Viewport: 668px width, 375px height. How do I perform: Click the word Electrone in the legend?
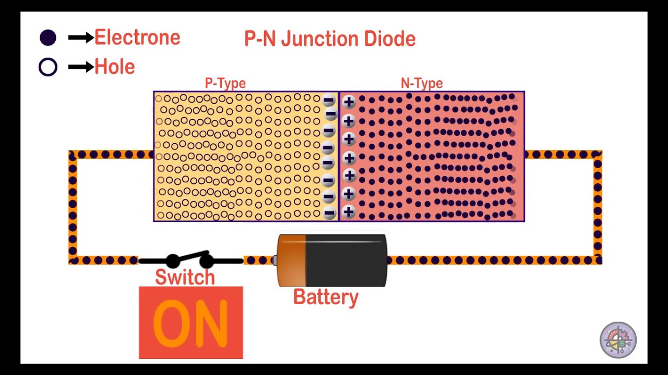pos(137,37)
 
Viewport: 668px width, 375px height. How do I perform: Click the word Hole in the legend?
pos(114,67)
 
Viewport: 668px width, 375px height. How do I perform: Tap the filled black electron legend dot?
pos(48,37)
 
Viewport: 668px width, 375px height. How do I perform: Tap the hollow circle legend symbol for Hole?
pos(48,67)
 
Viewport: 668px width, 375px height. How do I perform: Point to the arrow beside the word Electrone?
pos(80,37)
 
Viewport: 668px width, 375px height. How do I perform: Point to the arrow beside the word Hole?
pos(80,67)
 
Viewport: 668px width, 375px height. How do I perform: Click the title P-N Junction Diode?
pos(330,39)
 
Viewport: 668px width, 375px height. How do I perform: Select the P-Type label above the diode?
pos(225,83)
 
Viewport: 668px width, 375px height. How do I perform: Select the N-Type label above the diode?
pos(422,83)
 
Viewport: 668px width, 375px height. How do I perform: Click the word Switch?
pos(185,278)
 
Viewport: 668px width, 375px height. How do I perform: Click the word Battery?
pos(326,297)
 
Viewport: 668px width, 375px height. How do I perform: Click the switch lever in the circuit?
pos(190,258)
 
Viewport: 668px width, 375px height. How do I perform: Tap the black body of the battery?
pos(345,260)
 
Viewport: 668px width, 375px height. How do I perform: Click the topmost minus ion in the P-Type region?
pos(328,101)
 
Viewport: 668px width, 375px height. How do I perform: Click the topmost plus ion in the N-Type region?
pos(349,102)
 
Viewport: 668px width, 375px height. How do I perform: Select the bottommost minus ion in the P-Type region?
pos(329,213)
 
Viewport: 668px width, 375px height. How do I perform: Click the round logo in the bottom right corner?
pos(618,340)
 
